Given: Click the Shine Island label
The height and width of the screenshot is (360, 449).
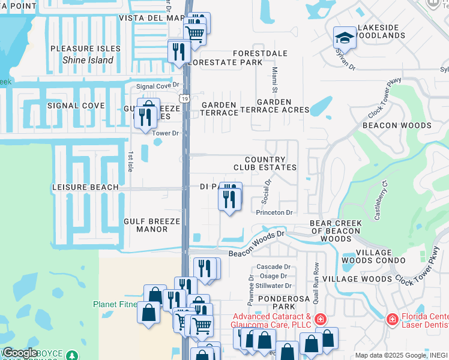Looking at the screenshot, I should pyautogui.click(x=88, y=60).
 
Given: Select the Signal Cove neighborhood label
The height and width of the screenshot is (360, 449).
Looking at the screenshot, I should pyautogui.click(x=76, y=106).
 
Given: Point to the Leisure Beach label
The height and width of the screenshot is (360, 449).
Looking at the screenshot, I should pyautogui.click(x=85, y=187).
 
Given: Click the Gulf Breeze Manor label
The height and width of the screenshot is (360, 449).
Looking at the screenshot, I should pyautogui.click(x=152, y=225).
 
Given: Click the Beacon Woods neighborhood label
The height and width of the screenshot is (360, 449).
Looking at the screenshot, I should pyautogui.click(x=397, y=125).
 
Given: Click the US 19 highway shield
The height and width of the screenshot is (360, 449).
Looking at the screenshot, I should pyautogui.click(x=184, y=97).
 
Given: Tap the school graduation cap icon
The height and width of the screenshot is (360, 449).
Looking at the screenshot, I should pyautogui.click(x=345, y=38).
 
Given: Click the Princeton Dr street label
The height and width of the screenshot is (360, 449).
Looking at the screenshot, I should pyautogui.click(x=274, y=212).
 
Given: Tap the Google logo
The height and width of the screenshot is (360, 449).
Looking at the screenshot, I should pyautogui.click(x=20, y=353).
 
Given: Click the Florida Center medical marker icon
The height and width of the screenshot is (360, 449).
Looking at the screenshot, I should pyautogui.click(x=393, y=319).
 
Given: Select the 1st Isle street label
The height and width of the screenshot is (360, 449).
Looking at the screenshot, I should pyautogui.click(x=130, y=161).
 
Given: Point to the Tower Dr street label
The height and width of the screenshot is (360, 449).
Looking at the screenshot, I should pyautogui.click(x=166, y=133).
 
